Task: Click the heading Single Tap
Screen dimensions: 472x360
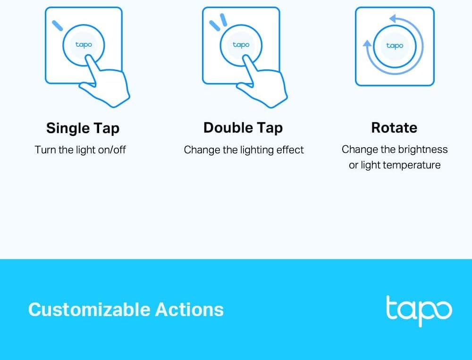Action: [83, 128]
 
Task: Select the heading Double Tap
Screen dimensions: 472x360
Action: [243, 128]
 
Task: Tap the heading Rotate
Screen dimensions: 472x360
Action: [394, 127]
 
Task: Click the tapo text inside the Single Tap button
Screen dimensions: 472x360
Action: [84, 45]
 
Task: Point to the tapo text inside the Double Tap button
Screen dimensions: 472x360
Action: [241, 45]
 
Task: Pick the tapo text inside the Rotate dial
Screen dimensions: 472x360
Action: [395, 46]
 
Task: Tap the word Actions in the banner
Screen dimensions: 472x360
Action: [189, 310]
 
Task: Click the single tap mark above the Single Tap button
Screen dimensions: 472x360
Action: [57, 25]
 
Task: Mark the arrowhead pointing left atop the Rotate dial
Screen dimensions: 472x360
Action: [393, 19]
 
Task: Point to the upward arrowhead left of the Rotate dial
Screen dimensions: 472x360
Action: [367, 44]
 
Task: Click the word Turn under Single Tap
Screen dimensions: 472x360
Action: [45, 150]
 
